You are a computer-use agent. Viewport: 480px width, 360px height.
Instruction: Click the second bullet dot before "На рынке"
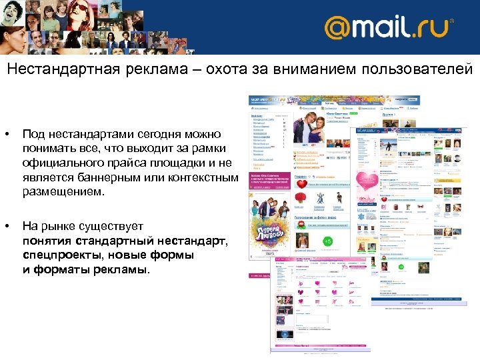click(7, 226)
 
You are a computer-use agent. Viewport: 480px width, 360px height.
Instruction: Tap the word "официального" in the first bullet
click(58, 163)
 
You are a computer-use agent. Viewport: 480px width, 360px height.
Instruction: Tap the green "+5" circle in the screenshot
click(327, 240)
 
